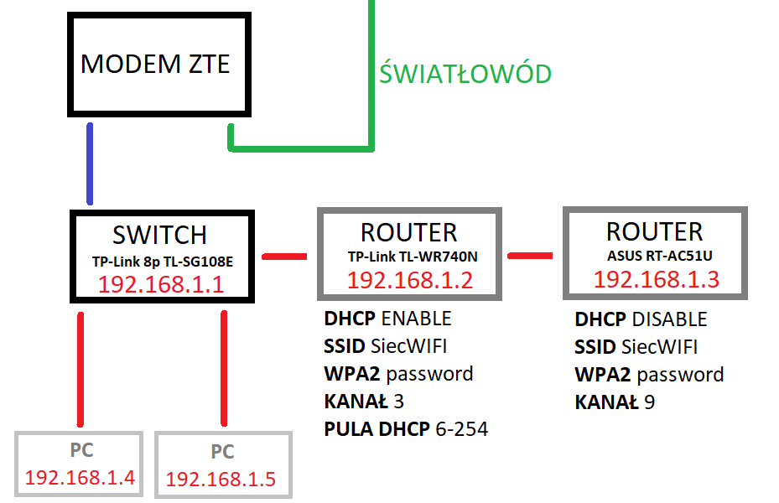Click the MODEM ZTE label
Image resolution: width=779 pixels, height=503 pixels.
click(x=155, y=65)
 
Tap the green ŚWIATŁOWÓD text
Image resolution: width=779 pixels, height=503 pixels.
click(x=465, y=74)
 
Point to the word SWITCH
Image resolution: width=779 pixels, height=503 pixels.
click(x=159, y=235)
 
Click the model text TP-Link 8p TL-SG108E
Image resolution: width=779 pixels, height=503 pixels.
click(x=162, y=262)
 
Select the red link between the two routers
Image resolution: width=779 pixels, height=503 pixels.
click(x=531, y=255)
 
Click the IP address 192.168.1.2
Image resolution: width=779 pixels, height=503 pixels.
click(x=410, y=280)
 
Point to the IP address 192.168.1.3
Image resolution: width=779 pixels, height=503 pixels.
click(x=657, y=279)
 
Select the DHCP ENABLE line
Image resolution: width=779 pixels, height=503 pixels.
click(x=387, y=319)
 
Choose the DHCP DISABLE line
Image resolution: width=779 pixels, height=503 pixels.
click(x=641, y=319)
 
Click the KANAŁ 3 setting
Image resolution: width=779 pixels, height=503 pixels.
click(x=364, y=402)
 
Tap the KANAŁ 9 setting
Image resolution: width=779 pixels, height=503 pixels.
click(x=615, y=402)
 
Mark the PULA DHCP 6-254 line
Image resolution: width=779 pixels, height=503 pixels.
click(x=406, y=429)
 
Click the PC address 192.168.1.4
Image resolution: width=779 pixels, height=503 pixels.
click(x=80, y=478)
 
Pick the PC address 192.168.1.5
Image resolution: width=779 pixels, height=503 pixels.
click(x=221, y=480)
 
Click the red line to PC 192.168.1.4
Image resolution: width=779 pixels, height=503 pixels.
click(x=81, y=369)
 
